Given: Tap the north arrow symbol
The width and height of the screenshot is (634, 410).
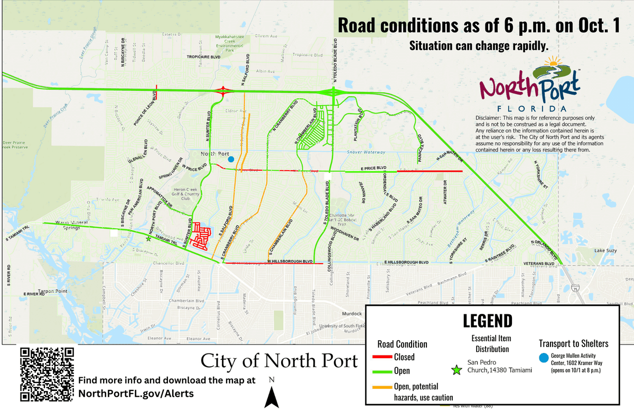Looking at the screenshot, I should point(272,396).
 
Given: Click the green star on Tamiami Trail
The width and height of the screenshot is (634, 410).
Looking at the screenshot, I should point(148,239).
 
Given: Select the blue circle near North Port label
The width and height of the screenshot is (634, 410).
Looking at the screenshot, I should point(230,159).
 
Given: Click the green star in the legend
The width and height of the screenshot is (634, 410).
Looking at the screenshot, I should point(459,369).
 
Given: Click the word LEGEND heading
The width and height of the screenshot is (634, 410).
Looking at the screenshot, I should point(487,321).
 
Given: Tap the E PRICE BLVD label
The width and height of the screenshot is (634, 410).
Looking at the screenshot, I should point(374,167).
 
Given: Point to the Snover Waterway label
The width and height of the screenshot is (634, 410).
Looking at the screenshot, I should point(366,152).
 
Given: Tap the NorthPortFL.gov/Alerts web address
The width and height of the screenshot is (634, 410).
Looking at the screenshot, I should point(135,393).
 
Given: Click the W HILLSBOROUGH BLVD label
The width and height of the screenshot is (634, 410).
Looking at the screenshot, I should point(290,262).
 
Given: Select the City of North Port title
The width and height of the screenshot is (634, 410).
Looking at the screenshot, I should point(279,361).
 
